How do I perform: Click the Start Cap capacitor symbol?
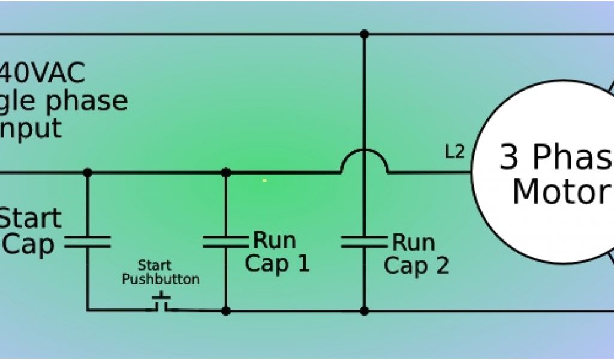pyautogui.click(x=88, y=242)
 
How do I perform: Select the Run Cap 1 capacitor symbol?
pyautogui.click(x=225, y=242)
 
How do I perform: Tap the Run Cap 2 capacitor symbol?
pyautogui.click(x=364, y=242)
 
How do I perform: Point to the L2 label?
pyautogui.click(x=455, y=152)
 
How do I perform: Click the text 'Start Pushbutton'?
pyautogui.click(x=161, y=272)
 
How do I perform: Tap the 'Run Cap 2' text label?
pyautogui.click(x=416, y=253)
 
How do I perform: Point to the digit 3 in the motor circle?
pyautogui.click(x=509, y=157)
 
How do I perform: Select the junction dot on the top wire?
pyautogui.click(x=364, y=34)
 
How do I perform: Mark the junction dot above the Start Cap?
pyautogui.click(x=88, y=173)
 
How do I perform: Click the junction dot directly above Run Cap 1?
pyautogui.click(x=225, y=173)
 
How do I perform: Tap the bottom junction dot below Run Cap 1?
pyautogui.click(x=225, y=311)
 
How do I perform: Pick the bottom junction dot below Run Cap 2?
pyautogui.click(x=364, y=311)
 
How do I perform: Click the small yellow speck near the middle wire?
pyautogui.click(x=264, y=180)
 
